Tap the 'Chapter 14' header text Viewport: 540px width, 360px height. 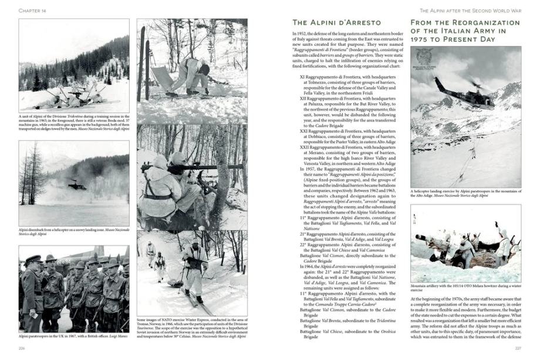33,10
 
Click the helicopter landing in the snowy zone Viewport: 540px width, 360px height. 76,186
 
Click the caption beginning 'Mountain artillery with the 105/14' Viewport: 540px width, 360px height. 465,288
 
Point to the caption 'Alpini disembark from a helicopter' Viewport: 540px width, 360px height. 73,233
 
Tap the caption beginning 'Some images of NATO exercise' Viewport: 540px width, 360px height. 191,329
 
